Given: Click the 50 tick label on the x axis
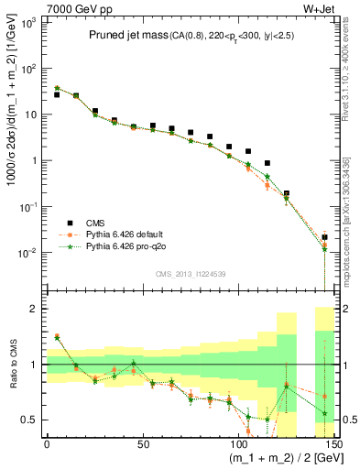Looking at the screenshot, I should click(x=142, y=445).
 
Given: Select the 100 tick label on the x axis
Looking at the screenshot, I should click(x=238, y=445).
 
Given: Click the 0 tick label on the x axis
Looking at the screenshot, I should click(x=47, y=445).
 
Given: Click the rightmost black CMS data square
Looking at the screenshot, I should click(x=325, y=237).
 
